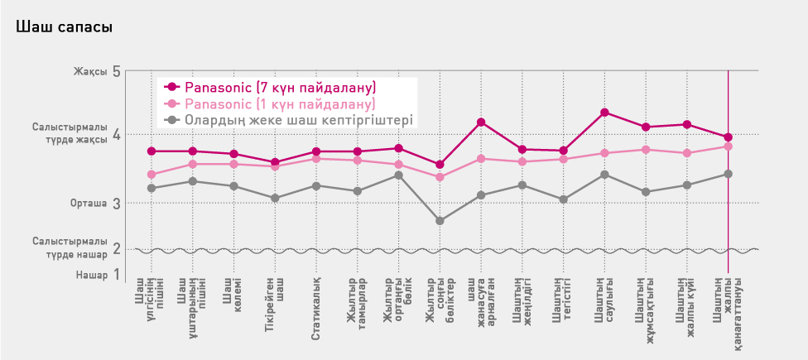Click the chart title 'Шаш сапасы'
click(x=64, y=27)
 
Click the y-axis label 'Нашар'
click(x=92, y=275)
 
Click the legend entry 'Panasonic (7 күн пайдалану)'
click(x=280, y=87)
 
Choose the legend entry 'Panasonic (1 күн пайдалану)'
click(x=280, y=103)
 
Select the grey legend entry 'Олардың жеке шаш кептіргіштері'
click(x=298, y=120)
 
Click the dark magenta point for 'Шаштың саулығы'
click(x=604, y=113)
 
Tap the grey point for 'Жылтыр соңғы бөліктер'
click(x=440, y=221)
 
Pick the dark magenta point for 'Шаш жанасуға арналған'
click(x=481, y=122)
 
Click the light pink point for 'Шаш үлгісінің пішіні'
click(x=151, y=175)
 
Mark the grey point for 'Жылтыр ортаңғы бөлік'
click(x=398, y=175)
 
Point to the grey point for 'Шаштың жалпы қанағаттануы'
click(x=728, y=174)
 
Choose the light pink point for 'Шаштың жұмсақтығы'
click(x=646, y=150)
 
